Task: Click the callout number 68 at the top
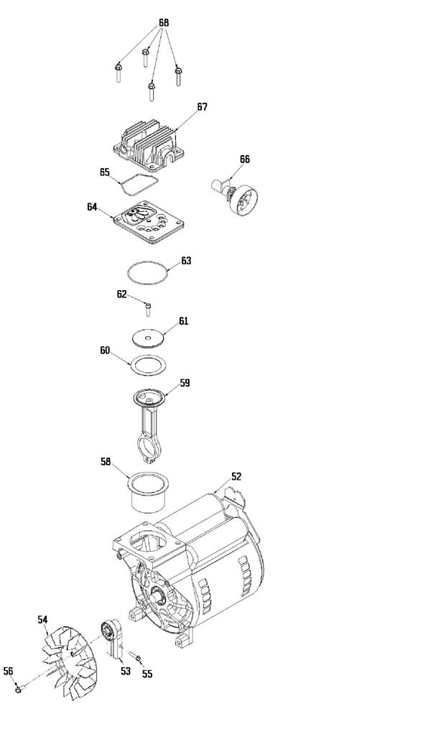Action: coord(164,23)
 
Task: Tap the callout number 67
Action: coord(202,106)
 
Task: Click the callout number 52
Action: coord(236,475)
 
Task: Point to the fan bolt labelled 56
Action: coord(17,689)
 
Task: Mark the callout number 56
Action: coord(8,671)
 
